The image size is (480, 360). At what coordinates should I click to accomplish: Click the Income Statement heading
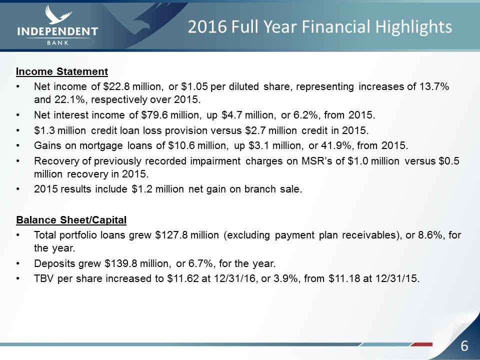click(62, 71)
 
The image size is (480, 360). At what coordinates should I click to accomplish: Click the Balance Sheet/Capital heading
click(71, 220)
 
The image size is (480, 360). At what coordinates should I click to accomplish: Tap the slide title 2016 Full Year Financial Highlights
click(319, 26)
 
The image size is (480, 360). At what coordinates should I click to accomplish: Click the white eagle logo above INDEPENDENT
click(58, 14)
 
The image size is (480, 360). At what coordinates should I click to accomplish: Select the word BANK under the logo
click(58, 43)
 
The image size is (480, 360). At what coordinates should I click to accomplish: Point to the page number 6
click(464, 346)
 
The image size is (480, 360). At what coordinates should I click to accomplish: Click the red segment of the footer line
click(422, 344)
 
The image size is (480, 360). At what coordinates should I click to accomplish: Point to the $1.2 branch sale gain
click(142, 189)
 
